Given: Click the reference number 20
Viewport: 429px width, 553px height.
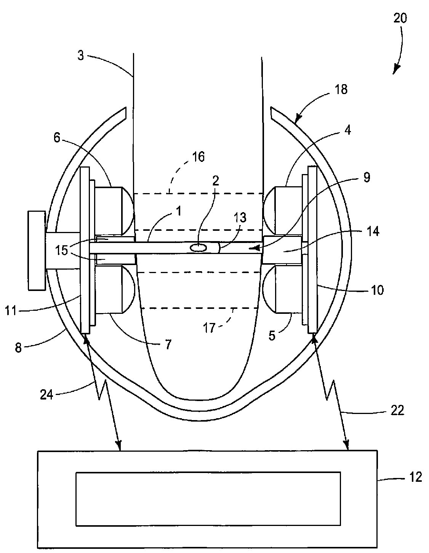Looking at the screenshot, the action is [400, 18].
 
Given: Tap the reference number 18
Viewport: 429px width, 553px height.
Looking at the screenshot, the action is [341, 90].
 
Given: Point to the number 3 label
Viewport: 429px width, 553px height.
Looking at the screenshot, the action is [81, 55].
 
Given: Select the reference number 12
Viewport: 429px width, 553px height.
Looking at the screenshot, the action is [416, 477].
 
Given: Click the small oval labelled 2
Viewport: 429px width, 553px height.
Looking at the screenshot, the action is [198, 248].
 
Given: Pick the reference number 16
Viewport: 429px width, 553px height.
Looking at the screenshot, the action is [198, 157].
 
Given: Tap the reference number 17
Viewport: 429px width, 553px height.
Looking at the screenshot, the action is [209, 328].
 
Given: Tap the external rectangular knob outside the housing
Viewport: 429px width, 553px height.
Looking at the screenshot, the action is [37, 250].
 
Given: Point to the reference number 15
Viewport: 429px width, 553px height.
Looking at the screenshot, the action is [62, 250].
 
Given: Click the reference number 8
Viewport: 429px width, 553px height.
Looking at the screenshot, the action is [18, 347].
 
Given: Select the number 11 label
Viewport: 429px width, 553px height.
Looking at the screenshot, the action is [11, 311].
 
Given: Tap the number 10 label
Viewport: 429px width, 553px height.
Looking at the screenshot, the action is [378, 290].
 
